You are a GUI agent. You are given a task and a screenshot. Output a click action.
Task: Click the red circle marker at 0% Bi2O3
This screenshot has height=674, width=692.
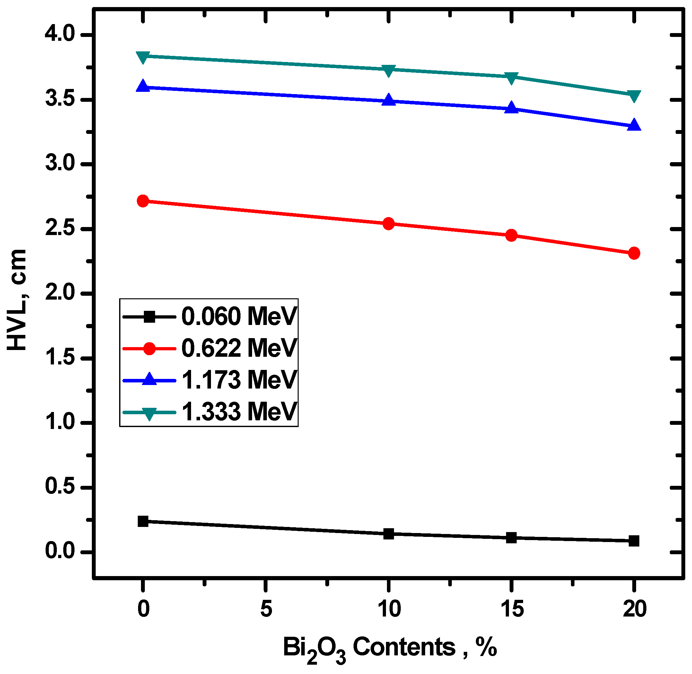coord(143,201)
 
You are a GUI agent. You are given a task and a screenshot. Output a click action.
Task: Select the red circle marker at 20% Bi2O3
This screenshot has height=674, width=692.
coord(634,253)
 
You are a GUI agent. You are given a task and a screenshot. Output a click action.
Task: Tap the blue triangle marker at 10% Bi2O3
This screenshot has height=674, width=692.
coord(389,100)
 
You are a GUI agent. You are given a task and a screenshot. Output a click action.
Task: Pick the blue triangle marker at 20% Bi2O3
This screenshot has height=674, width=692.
coord(634,125)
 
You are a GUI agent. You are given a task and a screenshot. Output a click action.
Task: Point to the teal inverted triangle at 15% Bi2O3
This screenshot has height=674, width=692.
coord(511,78)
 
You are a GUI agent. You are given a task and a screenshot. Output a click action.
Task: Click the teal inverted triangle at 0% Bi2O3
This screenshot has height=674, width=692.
coord(143,57)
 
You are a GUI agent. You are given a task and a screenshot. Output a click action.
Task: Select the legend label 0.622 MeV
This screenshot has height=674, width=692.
coord(239,348)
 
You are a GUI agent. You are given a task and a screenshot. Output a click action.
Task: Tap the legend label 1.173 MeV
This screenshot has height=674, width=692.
coord(239,380)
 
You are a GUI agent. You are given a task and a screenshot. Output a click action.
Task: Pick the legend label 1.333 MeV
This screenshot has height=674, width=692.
coord(239,412)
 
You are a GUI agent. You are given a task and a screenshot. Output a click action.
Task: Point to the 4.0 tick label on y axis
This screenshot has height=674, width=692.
coord(60,35)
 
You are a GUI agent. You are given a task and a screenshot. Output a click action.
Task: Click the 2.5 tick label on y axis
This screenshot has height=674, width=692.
coord(60,229)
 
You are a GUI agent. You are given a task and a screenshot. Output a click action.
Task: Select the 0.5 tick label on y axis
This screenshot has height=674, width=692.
coord(60,487)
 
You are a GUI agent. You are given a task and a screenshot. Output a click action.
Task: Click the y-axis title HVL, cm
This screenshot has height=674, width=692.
coord(17,300)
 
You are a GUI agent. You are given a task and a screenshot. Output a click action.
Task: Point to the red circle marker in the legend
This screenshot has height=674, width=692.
coord(149,348)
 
